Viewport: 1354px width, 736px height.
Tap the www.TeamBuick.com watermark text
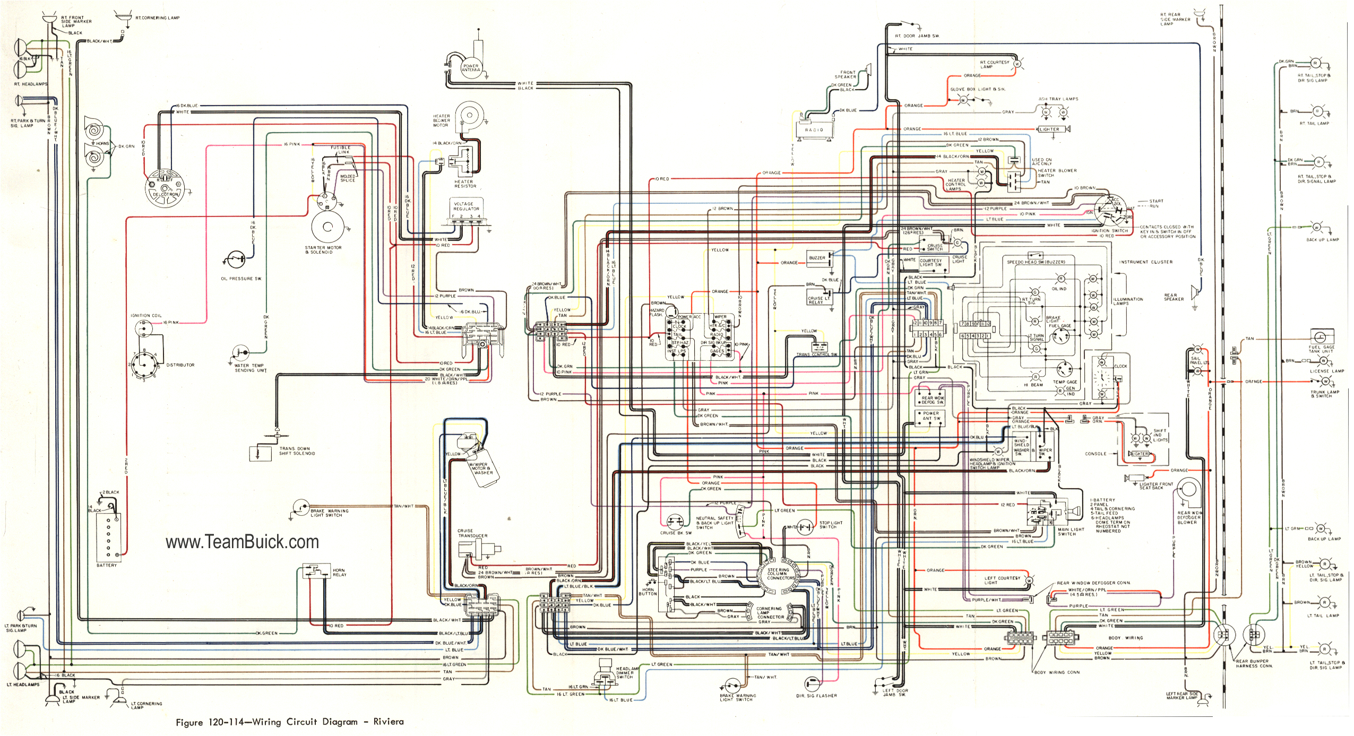point(242,542)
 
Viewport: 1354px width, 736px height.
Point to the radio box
point(814,129)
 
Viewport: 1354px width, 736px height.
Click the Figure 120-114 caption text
point(290,722)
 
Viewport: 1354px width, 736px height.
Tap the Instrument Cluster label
point(1145,262)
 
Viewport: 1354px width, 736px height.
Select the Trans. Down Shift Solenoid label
point(297,451)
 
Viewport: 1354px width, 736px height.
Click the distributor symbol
point(144,365)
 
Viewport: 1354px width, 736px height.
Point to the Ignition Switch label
point(1109,231)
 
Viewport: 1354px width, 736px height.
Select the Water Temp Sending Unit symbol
point(242,352)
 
